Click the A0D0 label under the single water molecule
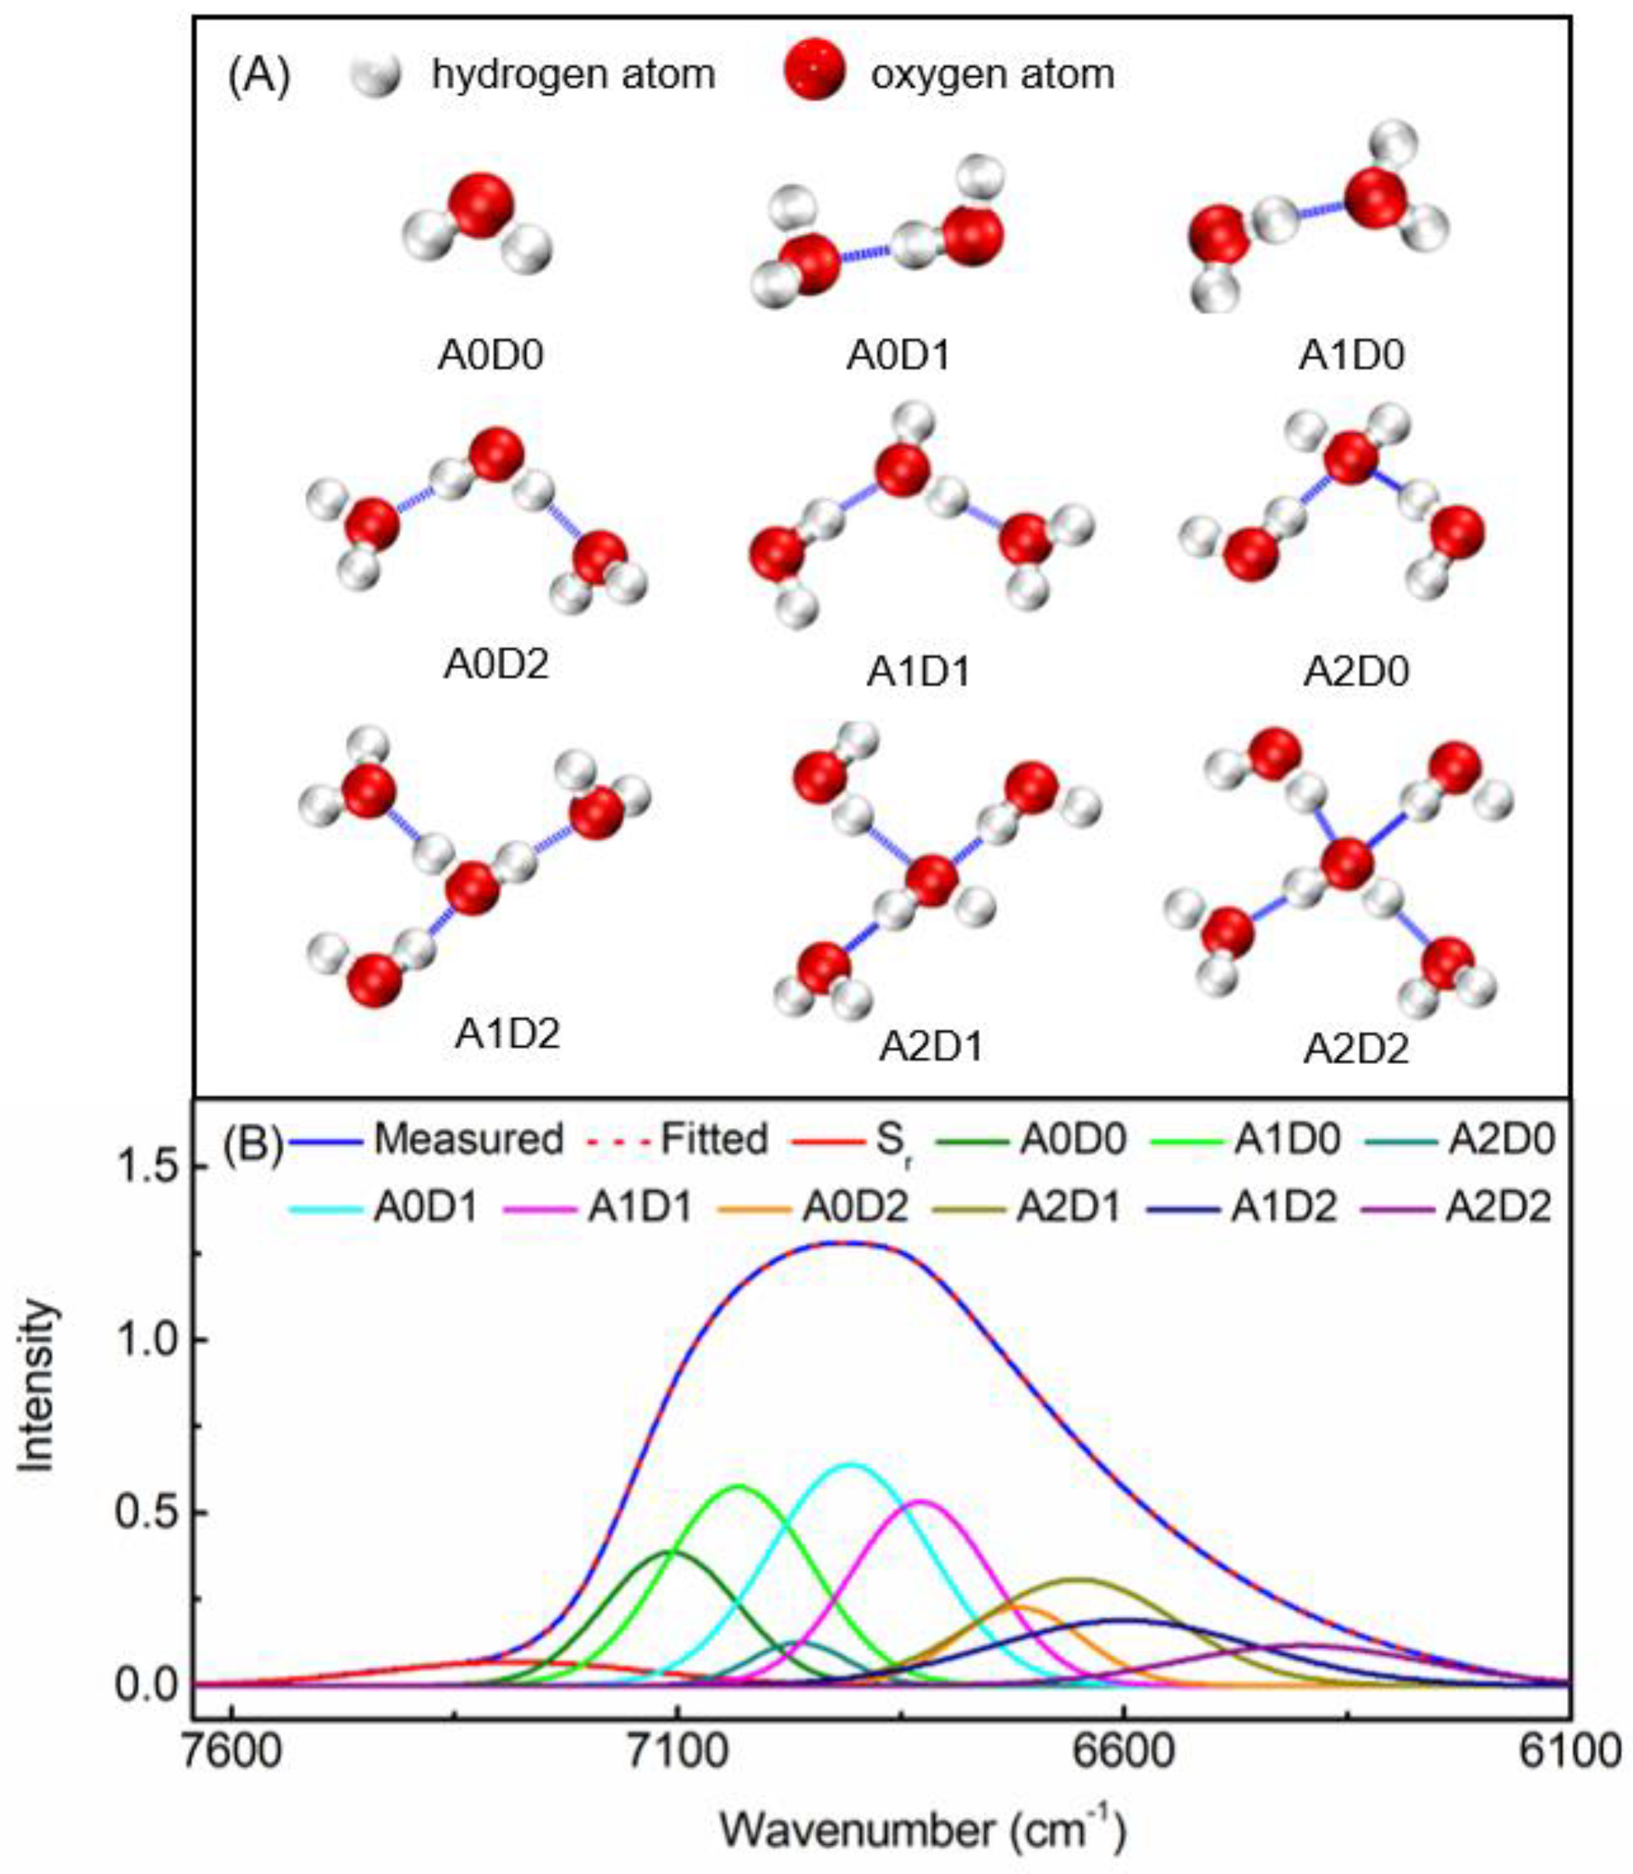pyautogui.click(x=491, y=354)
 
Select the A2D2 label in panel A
pyautogui.click(x=1356, y=1048)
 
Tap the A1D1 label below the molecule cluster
pyautogui.click(x=918, y=672)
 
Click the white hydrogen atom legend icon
pyautogui.click(x=376, y=76)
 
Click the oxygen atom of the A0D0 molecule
pyautogui.click(x=481, y=206)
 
